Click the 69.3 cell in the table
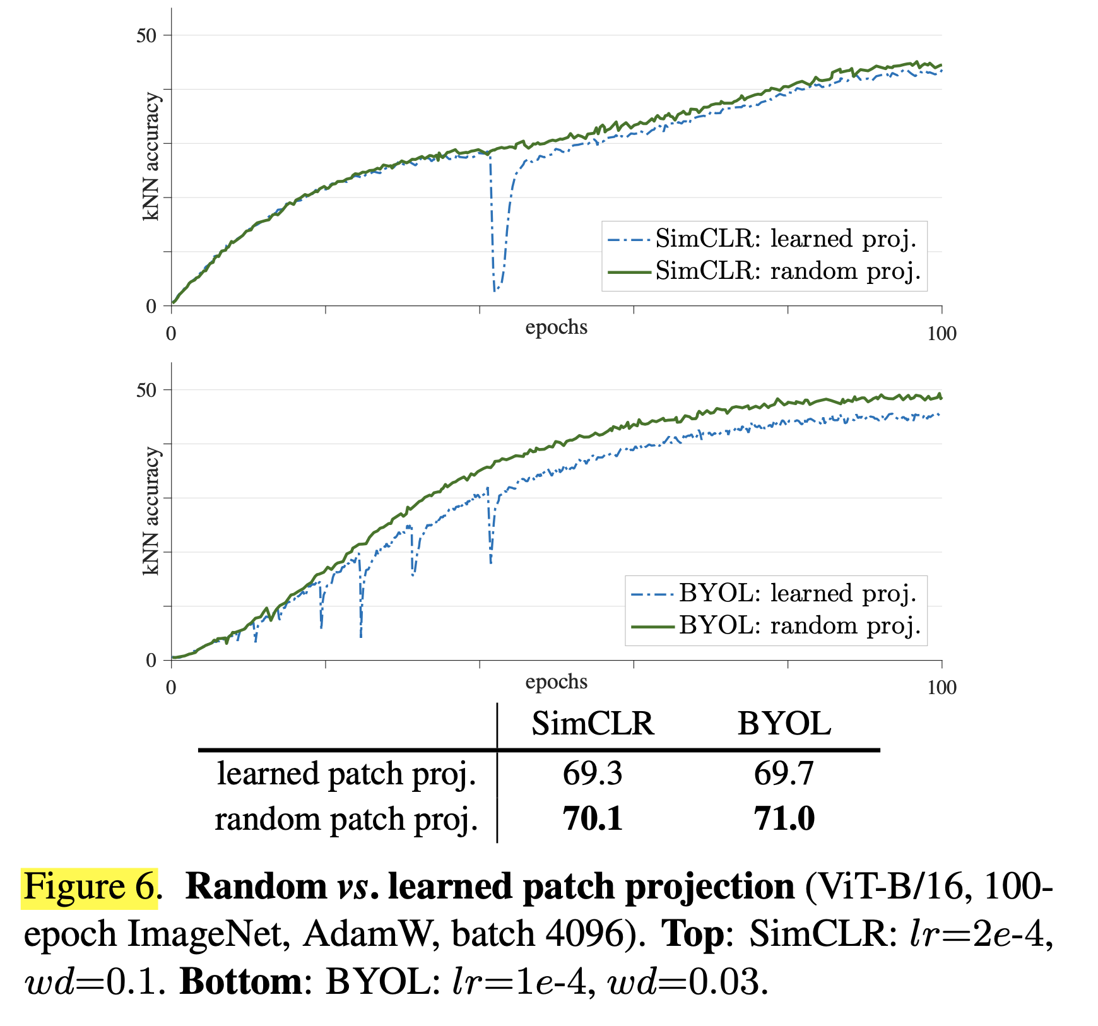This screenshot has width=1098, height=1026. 592,774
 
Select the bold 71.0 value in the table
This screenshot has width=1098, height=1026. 784,819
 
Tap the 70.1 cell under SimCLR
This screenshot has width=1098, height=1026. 592,819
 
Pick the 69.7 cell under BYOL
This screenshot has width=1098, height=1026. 784,774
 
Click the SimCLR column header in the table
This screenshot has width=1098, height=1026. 592,724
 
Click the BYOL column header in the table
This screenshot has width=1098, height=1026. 784,724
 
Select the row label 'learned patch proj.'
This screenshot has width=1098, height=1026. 346,774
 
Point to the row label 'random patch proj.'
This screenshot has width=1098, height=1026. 346,819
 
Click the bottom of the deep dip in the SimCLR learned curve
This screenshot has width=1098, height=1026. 495,290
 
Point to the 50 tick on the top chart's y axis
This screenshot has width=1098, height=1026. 146,36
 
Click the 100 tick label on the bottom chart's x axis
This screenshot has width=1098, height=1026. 942,688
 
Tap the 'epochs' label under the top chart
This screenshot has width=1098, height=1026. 556,327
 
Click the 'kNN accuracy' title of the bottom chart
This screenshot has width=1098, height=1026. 151,511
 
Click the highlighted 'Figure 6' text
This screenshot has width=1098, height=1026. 89,887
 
